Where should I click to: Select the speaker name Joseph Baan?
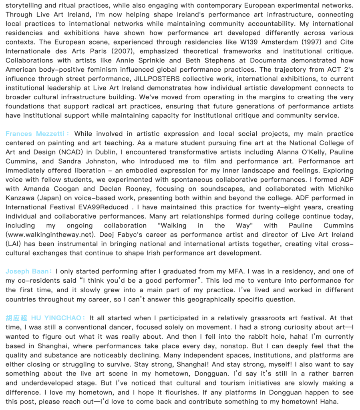(28, 271)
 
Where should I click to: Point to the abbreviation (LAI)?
(13, 244)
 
